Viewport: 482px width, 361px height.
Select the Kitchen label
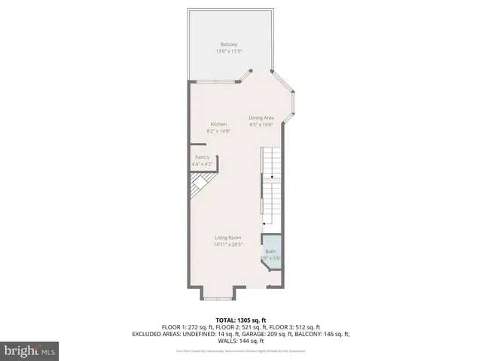point(218,124)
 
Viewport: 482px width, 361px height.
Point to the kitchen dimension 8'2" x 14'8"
point(218,131)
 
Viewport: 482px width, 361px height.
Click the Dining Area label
point(261,118)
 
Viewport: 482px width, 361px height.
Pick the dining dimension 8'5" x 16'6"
point(261,125)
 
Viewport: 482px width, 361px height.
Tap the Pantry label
point(202,157)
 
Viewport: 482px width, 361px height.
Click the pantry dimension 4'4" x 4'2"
point(202,164)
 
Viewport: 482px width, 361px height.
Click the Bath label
point(270,251)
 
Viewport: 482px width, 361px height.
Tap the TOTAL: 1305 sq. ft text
point(241,320)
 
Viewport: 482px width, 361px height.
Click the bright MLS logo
point(30,350)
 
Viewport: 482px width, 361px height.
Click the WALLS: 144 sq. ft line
point(241,341)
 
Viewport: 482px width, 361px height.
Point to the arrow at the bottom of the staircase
point(264,223)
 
